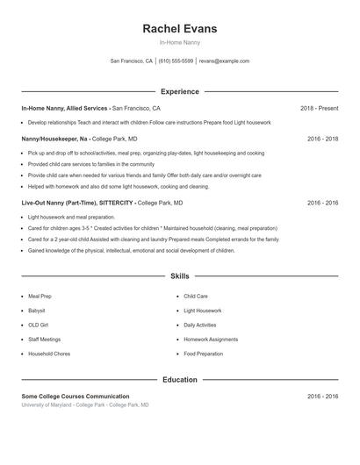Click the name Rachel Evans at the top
(x=179, y=29)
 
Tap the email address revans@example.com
(x=224, y=61)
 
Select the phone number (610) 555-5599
(x=176, y=61)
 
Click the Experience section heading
(x=179, y=91)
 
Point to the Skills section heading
(x=179, y=275)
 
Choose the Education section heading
(x=179, y=380)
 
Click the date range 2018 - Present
(x=319, y=108)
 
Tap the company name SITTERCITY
(x=112, y=203)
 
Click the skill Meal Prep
(x=40, y=297)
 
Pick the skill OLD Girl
(x=39, y=325)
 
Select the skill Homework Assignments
(x=211, y=339)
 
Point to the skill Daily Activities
(x=200, y=325)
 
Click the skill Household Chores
(x=48, y=354)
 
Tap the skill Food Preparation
(x=205, y=354)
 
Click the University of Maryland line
(x=85, y=405)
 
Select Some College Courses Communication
(x=76, y=397)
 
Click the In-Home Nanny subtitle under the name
(x=179, y=43)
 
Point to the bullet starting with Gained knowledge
(x=132, y=250)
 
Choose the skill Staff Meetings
(x=45, y=339)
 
